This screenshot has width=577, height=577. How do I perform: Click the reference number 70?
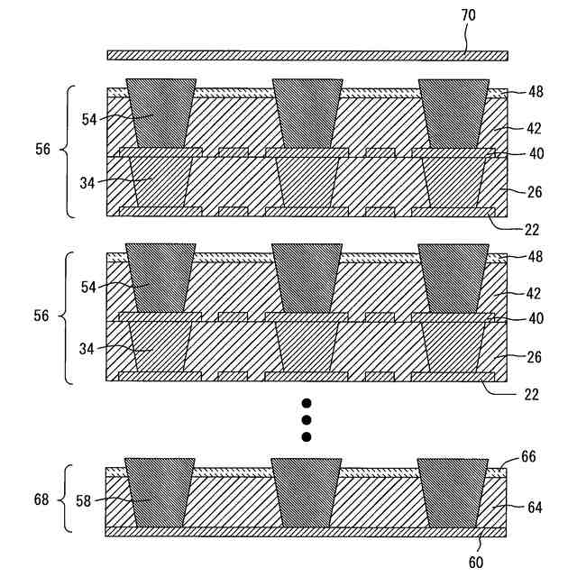coord(469,15)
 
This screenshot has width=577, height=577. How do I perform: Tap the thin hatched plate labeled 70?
coord(307,55)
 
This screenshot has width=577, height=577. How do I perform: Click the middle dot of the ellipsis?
coord(307,420)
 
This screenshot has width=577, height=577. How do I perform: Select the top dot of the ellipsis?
coord(307,403)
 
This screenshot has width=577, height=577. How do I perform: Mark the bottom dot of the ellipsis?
coord(307,437)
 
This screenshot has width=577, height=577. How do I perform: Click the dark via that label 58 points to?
coord(160,492)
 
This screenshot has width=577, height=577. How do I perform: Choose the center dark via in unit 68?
coord(307,492)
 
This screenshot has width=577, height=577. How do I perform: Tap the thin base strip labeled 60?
coord(307,532)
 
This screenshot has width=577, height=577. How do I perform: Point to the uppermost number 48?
coord(536,91)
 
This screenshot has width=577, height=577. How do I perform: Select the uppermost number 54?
coord(90,118)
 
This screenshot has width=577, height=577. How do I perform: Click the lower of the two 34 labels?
coord(90,347)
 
